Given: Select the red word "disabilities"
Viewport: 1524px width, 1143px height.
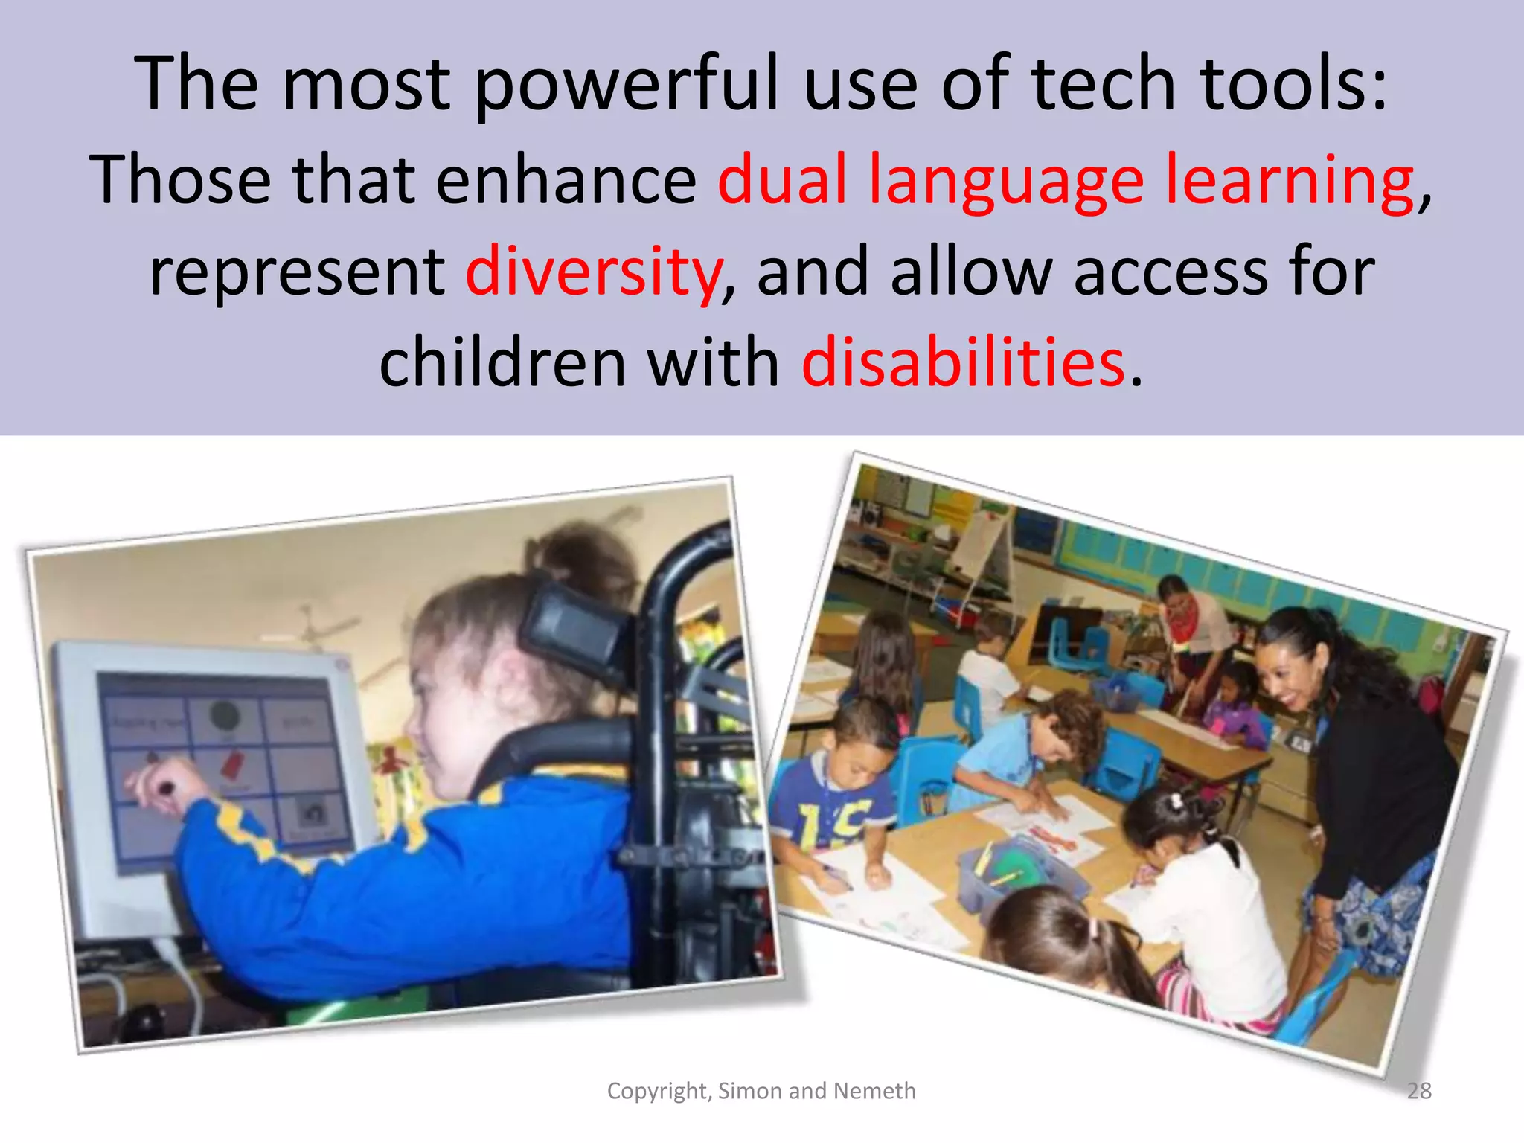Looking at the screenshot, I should [963, 363].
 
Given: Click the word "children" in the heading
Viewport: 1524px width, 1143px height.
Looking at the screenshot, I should [503, 363].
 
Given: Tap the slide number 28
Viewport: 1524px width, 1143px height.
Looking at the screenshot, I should [1419, 1091].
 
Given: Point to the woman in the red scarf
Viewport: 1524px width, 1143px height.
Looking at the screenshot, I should [1191, 618].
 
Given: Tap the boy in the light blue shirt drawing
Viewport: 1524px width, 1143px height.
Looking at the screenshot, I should [1034, 752].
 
